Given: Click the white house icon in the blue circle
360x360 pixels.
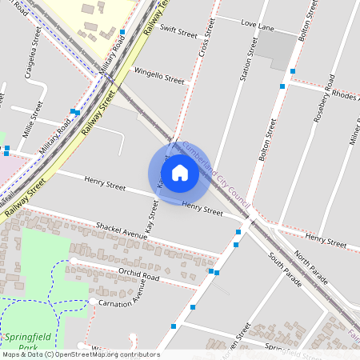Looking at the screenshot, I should (x=180, y=172).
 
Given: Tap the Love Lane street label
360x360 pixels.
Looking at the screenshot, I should (x=257, y=26).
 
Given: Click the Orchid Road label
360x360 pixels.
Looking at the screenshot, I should (x=138, y=274).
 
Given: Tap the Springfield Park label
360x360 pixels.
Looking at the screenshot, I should (x=19, y=343).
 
